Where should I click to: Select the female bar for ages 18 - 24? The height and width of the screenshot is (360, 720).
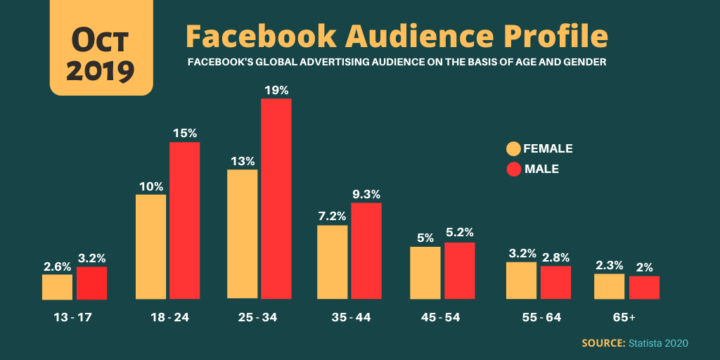[150, 247]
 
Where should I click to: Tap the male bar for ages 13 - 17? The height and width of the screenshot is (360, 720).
[91, 283]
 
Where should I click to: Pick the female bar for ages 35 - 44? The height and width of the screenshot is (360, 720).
[332, 262]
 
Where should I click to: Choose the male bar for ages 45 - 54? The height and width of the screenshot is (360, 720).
[460, 271]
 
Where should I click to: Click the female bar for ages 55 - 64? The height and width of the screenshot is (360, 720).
[521, 281]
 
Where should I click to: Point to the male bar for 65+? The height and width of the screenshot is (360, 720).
[644, 287]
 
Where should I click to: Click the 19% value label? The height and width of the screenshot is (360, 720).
[276, 90]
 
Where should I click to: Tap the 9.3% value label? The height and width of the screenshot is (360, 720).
[366, 194]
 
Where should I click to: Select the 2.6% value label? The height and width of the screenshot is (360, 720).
[57, 266]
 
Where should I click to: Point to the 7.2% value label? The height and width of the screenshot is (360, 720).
[332, 217]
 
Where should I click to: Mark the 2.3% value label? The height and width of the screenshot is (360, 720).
[609, 265]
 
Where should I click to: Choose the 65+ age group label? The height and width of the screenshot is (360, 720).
[624, 317]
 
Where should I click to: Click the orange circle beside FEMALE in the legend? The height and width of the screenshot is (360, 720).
[513, 148]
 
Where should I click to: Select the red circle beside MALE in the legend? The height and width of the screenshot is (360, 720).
[513, 169]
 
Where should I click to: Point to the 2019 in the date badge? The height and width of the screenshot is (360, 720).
[101, 70]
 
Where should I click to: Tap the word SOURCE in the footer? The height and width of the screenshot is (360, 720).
[603, 343]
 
